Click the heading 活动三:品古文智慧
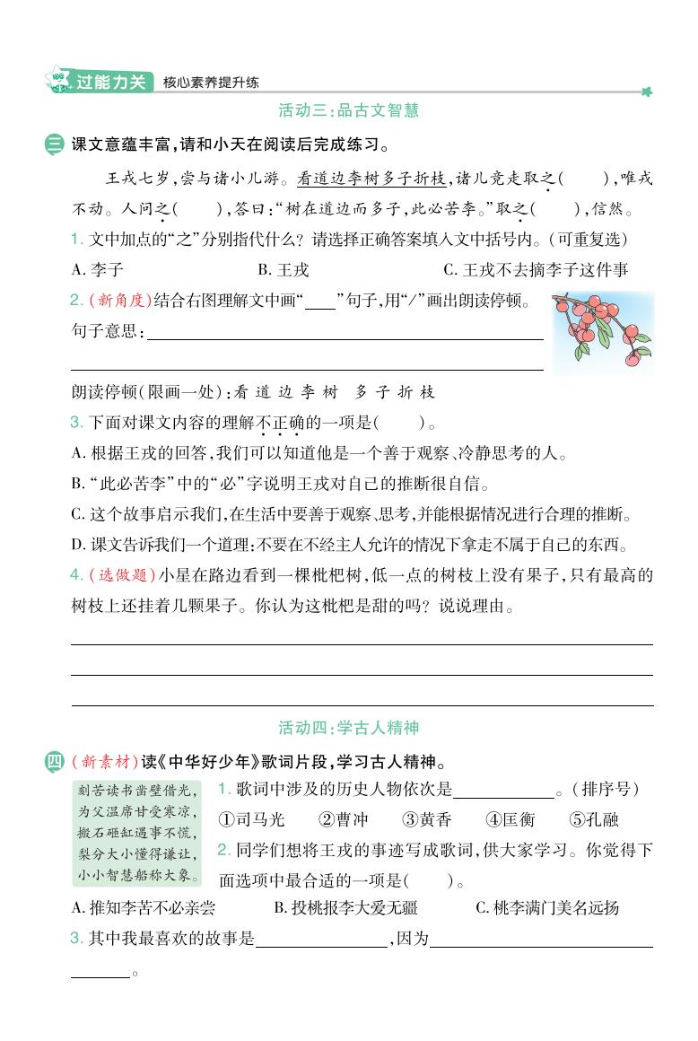tap(349, 111)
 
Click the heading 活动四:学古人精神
tap(349, 727)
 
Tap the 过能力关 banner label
tap(109, 82)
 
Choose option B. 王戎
tap(283, 269)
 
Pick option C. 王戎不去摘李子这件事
tap(536, 269)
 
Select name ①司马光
tap(251, 819)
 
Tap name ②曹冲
tap(344, 819)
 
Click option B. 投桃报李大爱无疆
tap(345, 907)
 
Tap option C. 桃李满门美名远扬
tap(547, 907)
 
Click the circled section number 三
tap(55, 144)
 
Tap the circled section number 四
tap(55, 763)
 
